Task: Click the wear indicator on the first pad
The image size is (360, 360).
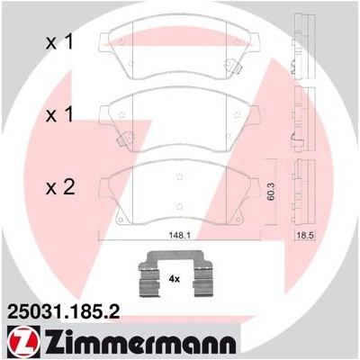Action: (237, 66)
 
